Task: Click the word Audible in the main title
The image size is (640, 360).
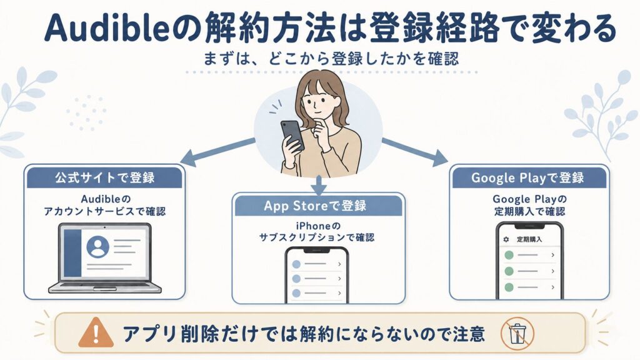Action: tap(106, 29)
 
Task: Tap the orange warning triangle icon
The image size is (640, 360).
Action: tap(96, 332)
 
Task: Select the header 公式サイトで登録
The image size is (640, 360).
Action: tap(105, 177)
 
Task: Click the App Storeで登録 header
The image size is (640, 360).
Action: tap(315, 205)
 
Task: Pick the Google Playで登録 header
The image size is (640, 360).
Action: tap(527, 178)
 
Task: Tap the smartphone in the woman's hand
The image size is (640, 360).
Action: tap(292, 136)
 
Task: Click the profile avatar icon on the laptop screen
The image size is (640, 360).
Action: tap(98, 247)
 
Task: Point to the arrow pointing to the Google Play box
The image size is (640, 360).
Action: tap(415, 151)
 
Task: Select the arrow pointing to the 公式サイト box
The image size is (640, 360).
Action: tap(218, 152)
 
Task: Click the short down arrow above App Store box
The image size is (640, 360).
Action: tap(319, 184)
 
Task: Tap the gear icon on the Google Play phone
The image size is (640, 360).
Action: tap(506, 239)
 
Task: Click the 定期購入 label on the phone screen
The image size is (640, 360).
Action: tap(529, 239)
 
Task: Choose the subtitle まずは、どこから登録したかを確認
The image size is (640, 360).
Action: tap(331, 59)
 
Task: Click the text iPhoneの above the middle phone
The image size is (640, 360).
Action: tap(318, 226)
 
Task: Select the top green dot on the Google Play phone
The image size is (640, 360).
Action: tap(509, 256)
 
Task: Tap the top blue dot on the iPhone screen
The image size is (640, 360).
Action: tap(296, 264)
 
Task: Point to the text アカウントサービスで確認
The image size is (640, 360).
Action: tap(105, 211)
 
